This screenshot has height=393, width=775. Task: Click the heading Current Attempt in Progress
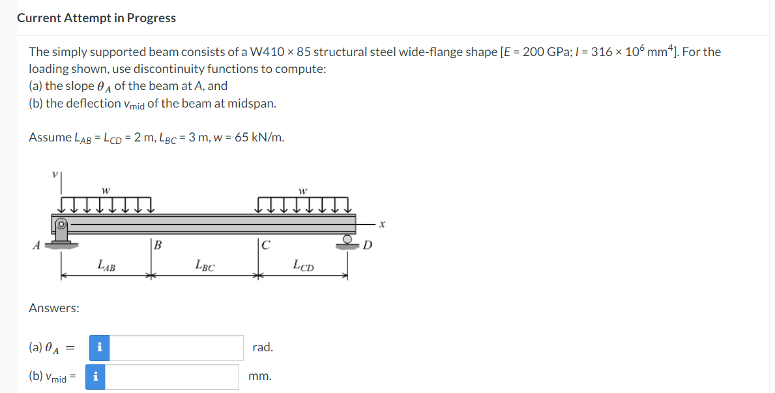(x=96, y=18)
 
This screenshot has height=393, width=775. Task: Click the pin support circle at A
(x=61, y=224)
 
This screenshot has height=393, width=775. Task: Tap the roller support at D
(x=347, y=242)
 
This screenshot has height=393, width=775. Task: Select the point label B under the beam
(x=158, y=244)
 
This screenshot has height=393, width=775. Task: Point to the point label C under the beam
(x=265, y=244)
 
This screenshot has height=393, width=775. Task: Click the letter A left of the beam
(x=36, y=245)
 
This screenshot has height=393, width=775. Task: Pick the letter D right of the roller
(x=367, y=245)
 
